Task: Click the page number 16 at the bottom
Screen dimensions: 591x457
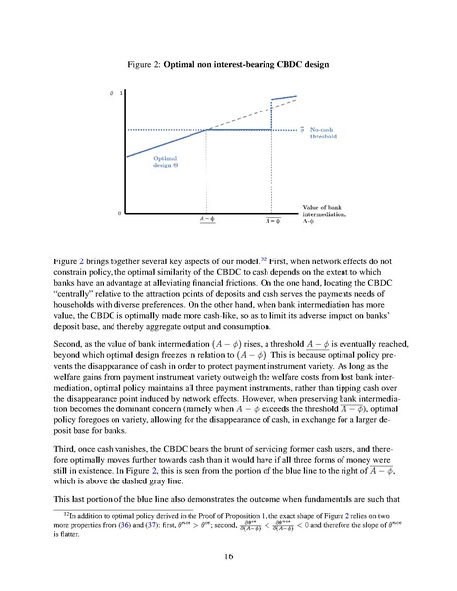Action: tap(228, 557)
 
